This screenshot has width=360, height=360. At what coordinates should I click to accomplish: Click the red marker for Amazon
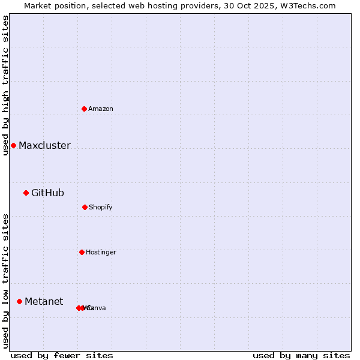pyautogui.click(x=84, y=109)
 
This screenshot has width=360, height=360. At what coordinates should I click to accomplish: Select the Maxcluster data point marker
pyautogui.click(x=13, y=145)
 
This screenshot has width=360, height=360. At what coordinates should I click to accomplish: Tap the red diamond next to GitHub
pyautogui.click(x=26, y=193)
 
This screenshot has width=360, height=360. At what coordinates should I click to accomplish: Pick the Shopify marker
pyautogui.click(x=85, y=207)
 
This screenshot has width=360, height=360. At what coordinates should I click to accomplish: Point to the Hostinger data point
pyautogui.click(x=82, y=252)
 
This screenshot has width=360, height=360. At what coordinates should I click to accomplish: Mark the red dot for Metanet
pyautogui.click(x=19, y=301)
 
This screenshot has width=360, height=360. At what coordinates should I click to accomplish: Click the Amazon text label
pyautogui.click(x=101, y=109)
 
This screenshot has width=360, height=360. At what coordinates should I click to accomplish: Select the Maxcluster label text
pyautogui.click(x=44, y=146)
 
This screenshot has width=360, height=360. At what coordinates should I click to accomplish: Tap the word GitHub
pyautogui.click(x=47, y=193)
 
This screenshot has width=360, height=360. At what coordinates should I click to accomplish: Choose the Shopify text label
pyautogui.click(x=101, y=208)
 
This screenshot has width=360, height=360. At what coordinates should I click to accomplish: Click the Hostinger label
pyautogui.click(x=101, y=253)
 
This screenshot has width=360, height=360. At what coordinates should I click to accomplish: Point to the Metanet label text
pyautogui.click(x=44, y=302)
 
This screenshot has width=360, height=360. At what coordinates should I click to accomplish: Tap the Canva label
pyautogui.click(x=97, y=308)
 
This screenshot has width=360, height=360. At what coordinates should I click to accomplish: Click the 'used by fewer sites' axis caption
pyautogui.click(x=62, y=355)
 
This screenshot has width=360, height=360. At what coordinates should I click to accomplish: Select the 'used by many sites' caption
pyautogui.click(x=301, y=355)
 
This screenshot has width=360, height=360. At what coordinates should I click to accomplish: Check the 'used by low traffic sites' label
pyautogui.click(x=5, y=281)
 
